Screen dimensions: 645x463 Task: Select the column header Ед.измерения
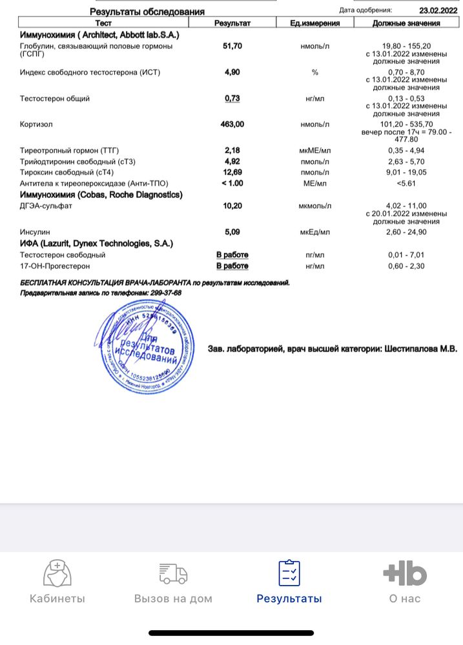314,23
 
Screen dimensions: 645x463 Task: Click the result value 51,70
232,47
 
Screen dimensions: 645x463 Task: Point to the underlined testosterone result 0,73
232,98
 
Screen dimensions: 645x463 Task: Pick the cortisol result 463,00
232,124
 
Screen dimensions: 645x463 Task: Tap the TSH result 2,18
232,150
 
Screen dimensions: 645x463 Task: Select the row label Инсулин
35,231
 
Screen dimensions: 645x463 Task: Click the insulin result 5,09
232,231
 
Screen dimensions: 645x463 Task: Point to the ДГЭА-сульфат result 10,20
232,206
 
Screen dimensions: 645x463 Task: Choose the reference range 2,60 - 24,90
406,231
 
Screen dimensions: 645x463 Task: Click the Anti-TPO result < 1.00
232,183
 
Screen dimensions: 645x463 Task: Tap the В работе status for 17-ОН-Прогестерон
232,266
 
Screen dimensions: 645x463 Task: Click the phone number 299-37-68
165,293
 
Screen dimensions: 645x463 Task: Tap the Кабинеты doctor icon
57,573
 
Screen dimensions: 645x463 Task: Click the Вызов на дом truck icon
173,573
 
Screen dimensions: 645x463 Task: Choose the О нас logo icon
405,573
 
